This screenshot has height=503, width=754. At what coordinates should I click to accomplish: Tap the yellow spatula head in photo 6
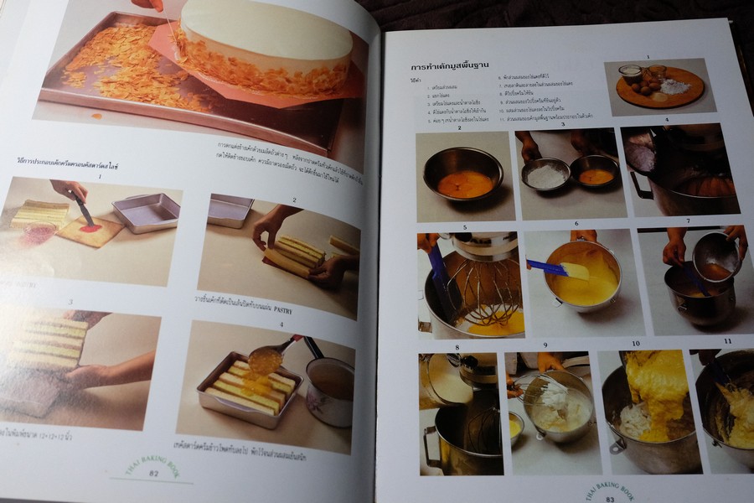576,271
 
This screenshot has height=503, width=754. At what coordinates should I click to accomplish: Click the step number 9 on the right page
545,345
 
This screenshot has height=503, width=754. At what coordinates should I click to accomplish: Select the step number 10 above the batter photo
635,344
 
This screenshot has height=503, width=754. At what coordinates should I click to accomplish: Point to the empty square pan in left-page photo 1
147,213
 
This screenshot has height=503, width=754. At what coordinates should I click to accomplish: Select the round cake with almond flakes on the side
266,46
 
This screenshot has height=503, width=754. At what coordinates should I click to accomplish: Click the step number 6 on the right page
576,224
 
